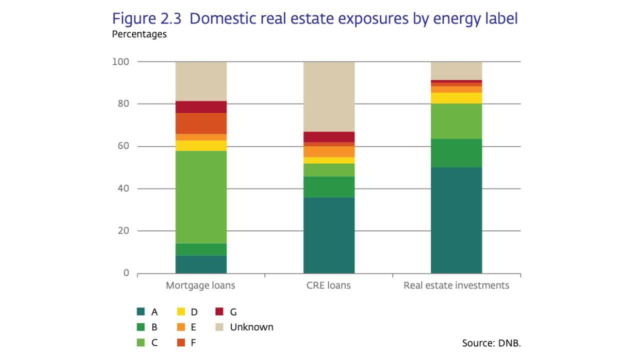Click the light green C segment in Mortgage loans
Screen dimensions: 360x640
tap(201, 197)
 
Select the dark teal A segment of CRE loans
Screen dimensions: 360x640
tap(329, 235)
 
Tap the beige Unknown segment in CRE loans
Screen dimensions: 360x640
tap(329, 96)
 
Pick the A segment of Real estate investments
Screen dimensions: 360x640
tap(456, 220)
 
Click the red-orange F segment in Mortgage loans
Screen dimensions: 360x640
tap(201, 123)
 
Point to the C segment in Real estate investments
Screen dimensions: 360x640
tap(456, 121)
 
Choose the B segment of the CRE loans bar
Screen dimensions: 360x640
tap(329, 186)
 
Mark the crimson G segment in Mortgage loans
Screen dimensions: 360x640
tap(201, 107)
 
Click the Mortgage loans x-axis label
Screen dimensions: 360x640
tap(200, 286)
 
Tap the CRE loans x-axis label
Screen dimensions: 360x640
tap(328, 286)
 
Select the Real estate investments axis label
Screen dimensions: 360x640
tap(456, 286)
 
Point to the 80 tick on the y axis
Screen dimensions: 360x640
tap(123, 104)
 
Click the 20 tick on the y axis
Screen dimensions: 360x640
tap(123, 231)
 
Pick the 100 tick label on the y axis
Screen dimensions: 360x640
tap(120, 62)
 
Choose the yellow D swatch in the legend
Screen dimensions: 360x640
tap(180, 312)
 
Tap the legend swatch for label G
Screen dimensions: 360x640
tap(219, 312)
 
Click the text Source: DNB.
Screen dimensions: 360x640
tap(491, 343)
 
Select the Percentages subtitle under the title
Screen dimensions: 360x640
tap(139, 34)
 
